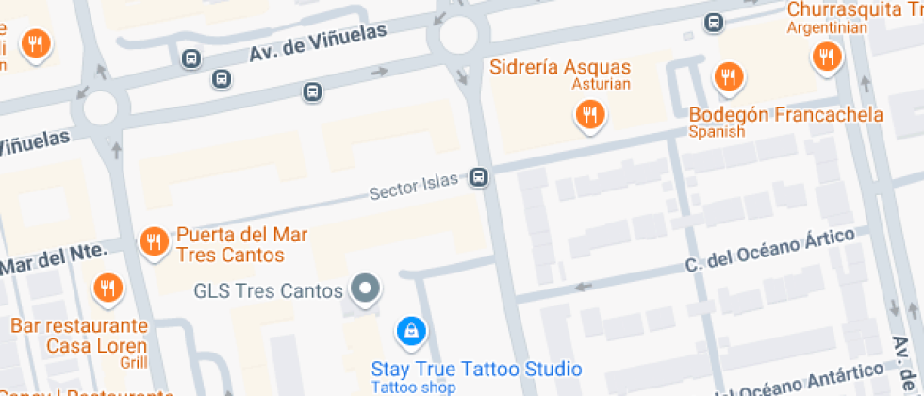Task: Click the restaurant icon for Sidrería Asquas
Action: pyautogui.click(x=590, y=115)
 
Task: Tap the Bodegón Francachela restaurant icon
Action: pyautogui.click(x=727, y=76)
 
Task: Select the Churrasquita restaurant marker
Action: pyautogui.click(x=826, y=57)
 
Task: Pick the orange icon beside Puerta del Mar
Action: pyautogui.click(x=154, y=242)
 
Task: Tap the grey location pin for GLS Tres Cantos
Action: pyautogui.click(x=365, y=289)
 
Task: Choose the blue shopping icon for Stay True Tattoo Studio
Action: pyautogui.click(x=412, y=330)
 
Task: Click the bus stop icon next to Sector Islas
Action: pyautogui.click(x=480, y=177)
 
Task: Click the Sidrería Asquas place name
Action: pyautogui.click(x=560, y=68)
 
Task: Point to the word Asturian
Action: pyautogui.click(x=600, y=85)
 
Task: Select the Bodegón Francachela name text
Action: pyautogui.click(x=785, y=115)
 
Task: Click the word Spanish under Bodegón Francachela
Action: pyautogui.click(x=717, y=132)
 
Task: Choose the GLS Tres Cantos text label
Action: pyautogui.click(x=268, y=290)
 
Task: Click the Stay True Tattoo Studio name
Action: pyautogui.click(x=476, y=369)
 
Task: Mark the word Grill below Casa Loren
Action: pyautogui.click(x=134, y=361)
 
